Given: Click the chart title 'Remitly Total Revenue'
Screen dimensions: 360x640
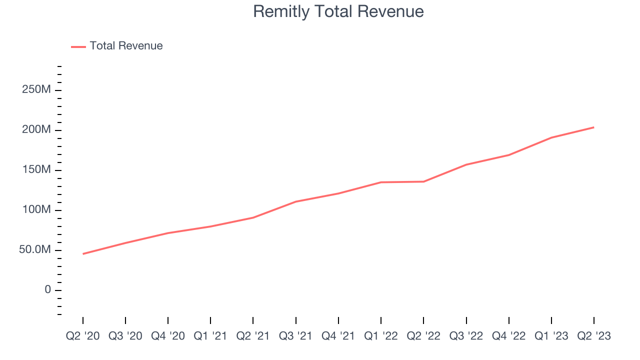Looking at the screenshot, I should coord(338,11).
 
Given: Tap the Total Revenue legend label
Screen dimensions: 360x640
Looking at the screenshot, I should coord(126,46).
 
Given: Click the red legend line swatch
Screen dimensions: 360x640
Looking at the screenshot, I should coord(78,46).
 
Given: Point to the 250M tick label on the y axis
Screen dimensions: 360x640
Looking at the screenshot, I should coord(36,90).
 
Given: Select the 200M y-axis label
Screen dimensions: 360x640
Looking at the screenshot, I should coord(36,130).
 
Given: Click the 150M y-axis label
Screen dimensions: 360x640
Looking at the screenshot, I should coord(36,170).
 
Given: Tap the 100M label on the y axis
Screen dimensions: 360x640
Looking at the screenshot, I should coord(36,210).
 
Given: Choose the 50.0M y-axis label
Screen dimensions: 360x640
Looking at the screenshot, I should coord(35,250).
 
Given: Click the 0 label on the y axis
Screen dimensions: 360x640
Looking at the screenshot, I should coord(47,290).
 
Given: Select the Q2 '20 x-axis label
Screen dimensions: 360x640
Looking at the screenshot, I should coord(83,335).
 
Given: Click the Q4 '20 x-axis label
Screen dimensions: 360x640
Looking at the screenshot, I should coord(168,335).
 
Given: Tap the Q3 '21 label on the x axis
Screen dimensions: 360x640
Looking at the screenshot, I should coord(296,335).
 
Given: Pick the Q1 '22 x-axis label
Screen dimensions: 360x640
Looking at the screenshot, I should coord(381,335).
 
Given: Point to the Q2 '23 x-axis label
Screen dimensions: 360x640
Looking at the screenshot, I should coord(594,335).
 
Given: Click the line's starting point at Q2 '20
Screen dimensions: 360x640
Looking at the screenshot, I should coord(83,254).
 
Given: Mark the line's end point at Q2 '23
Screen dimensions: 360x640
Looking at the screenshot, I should coord(593,127).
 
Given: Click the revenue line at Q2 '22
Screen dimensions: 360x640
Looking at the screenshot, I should coord(423,181).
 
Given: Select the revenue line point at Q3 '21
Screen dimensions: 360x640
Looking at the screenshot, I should coord(296,201).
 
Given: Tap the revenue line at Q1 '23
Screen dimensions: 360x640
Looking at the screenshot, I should coord(551,137).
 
